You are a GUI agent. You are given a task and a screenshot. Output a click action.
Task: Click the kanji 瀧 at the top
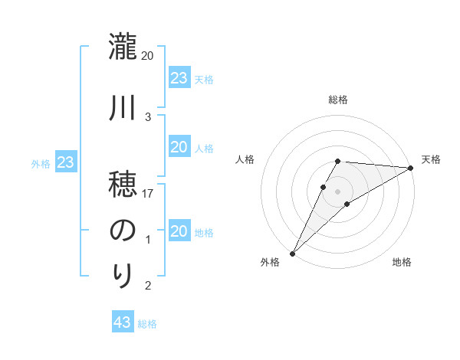click(123, 47)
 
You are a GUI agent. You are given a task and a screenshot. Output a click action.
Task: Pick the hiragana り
click(123, 274)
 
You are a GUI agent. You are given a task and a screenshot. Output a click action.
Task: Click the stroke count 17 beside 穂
click(149, 194)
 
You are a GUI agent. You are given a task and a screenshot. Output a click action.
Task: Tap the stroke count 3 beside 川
click(148, 116)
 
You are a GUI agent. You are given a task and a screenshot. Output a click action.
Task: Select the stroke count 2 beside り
click(148, 286)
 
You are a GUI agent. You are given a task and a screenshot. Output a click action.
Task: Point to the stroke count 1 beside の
click(148, 241)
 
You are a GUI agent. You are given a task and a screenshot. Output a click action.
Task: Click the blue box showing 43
click(123, 322)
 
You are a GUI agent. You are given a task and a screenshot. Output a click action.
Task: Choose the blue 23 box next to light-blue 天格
click(179, 77)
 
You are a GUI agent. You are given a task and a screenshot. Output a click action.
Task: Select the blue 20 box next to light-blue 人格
click(179, 147)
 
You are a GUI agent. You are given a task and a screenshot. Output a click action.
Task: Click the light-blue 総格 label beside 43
click(147, 324)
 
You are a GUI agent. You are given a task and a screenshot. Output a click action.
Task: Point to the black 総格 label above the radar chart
click(338, 100)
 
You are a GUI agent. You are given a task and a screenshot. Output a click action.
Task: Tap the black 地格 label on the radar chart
click(402, 262)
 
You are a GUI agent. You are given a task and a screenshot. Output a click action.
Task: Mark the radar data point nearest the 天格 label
click(411, 168)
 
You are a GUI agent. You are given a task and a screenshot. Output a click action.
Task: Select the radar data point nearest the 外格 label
click(292, 253)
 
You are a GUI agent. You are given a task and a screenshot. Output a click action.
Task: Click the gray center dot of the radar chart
click(338, 190)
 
